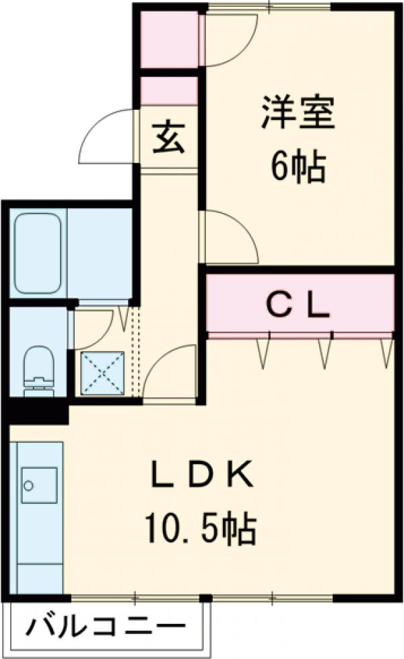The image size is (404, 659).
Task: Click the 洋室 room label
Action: [x=298, y=113]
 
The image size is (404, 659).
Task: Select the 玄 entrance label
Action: [x=168, y=138]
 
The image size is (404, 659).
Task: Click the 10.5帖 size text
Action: [x=201, y=527]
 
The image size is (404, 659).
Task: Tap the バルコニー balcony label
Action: [x=106, y=627]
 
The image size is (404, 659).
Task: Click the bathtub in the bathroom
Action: [x=38, y=253]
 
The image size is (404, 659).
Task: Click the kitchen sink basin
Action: [x=39, y=484]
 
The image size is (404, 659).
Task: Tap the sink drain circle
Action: [x=28, y=485]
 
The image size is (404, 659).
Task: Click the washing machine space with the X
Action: [x=102, y=373]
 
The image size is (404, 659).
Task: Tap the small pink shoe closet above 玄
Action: [x=169, y=91]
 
